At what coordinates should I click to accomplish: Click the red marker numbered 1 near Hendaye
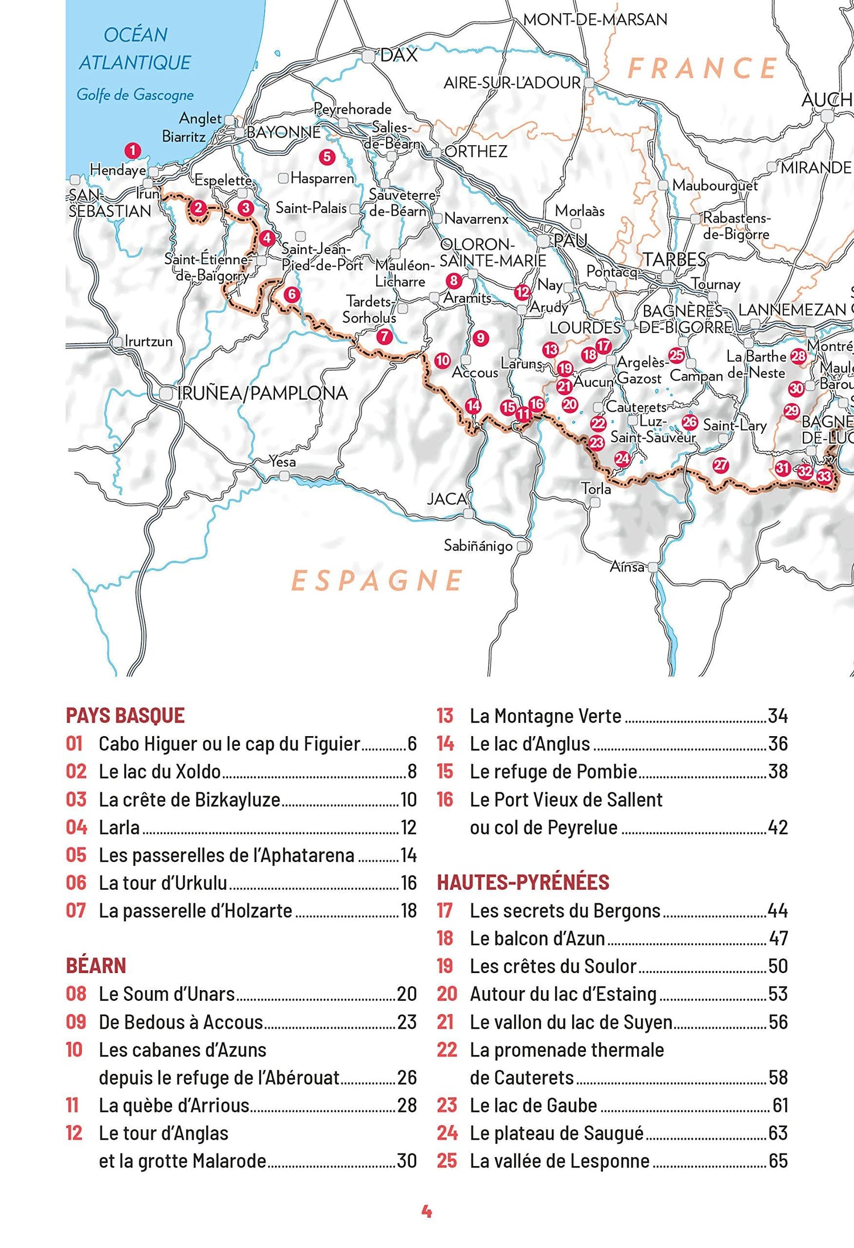(x=133, y=151)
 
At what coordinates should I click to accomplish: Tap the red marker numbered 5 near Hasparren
(x=326, y=157)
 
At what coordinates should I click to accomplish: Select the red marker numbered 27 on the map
(x=721, y=465)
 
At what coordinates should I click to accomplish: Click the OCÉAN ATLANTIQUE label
(x=135, y=48)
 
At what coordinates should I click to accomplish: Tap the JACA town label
(x=446, y=499)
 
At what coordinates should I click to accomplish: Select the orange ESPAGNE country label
(x=377, y=580)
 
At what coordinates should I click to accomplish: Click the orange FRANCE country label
(x=702, y=68)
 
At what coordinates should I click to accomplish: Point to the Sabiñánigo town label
(x=478, y=546)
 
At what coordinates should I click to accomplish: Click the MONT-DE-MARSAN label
(x=595, y=19)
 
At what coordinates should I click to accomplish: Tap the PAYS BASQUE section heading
(x=125, y=715)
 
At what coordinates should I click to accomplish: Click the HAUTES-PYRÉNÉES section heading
(x=523, y=882)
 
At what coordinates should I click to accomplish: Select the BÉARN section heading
(x=96, y=966)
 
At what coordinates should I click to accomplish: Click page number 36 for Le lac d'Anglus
(x=778, y=744)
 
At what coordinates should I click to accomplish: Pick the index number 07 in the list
(x=76, y=910)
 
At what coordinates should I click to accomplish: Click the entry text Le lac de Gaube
(x=533, y=1105)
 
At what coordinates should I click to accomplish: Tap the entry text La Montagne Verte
(x=545, y=716)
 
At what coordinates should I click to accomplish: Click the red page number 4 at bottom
(x=426, y=1211)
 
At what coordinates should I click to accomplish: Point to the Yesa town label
(x=282, y=461)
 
